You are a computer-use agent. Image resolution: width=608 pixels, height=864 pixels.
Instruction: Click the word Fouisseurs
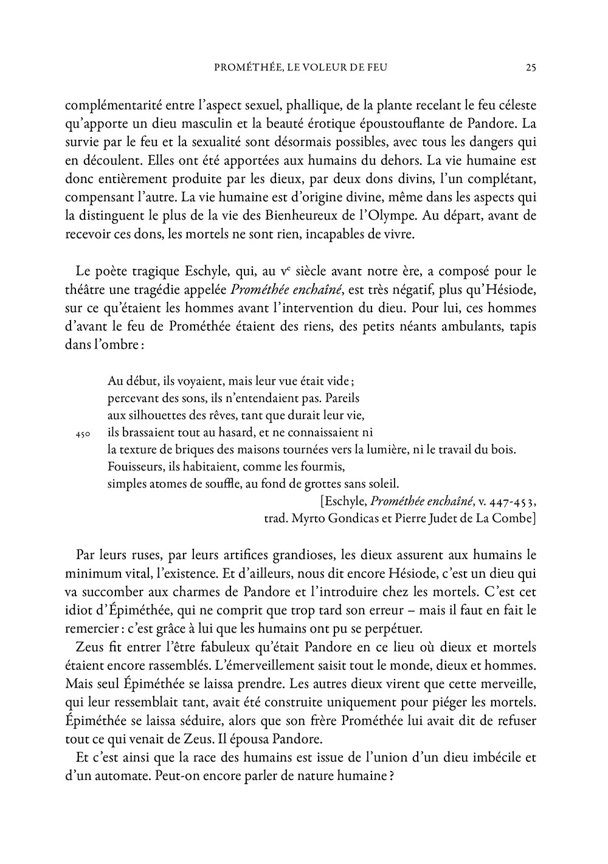[x=133, y=467]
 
